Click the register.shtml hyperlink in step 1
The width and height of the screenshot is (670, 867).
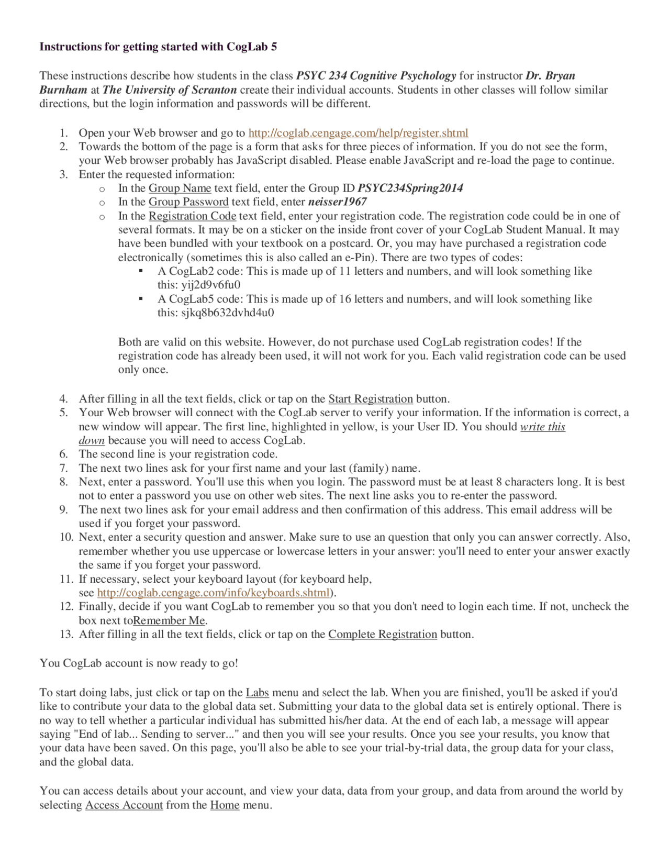(358, 133)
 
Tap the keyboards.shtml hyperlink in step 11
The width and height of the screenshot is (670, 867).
(214, 593)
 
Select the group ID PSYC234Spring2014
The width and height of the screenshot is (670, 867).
(410, 188)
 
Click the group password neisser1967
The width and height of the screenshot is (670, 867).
(338, 202)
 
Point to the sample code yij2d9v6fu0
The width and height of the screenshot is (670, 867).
(211, 285)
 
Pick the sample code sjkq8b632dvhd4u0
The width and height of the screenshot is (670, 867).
(228, 313)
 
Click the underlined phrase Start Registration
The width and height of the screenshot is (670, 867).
(371, 399)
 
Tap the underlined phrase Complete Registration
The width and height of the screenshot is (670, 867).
(383, 635)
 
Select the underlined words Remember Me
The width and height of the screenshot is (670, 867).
(169, 620)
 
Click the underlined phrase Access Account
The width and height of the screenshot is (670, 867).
(124, 805)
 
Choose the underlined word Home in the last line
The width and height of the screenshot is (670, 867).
(225, 805)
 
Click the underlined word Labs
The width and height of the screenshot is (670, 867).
(257, 693)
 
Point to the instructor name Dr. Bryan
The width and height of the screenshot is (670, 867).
(550, 75)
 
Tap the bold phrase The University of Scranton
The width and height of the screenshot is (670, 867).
(170, 90)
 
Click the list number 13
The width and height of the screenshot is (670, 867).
(66, 635)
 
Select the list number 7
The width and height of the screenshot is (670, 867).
(64, 468)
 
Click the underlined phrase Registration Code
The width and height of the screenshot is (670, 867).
(192, 216)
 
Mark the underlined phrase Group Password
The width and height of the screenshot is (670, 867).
(188, 202)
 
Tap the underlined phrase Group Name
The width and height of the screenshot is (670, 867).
(180, 188)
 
